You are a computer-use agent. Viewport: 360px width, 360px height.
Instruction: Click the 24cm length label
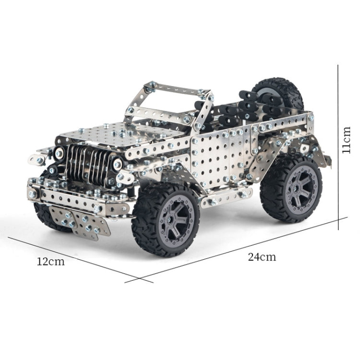[262, 256]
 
